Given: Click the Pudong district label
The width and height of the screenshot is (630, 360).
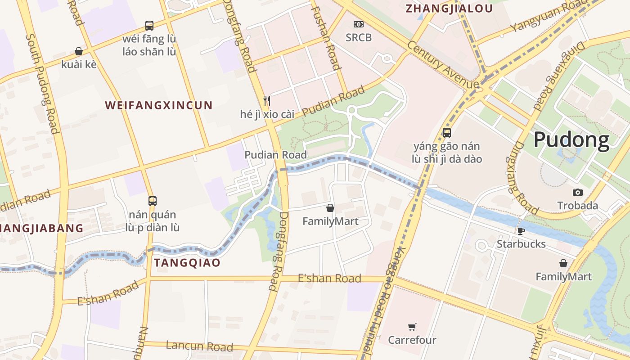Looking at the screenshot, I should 571,140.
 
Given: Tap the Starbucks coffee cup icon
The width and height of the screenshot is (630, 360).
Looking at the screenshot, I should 521,231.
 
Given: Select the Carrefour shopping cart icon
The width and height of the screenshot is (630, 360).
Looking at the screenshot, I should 412,327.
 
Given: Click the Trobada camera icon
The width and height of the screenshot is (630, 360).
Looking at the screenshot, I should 577,193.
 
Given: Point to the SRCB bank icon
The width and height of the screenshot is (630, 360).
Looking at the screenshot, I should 359,24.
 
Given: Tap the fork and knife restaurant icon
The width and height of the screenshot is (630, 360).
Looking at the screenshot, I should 267,100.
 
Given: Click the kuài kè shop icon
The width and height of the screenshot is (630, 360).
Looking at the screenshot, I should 79,51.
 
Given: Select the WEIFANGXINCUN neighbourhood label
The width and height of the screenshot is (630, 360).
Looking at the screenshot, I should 158,105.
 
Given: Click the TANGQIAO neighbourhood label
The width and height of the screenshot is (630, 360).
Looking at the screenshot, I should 187,263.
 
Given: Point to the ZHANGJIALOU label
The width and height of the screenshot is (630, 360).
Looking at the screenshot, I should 449,9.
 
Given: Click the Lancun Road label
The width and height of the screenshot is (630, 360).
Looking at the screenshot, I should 199,346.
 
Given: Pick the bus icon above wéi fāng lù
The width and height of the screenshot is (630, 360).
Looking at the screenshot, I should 149,25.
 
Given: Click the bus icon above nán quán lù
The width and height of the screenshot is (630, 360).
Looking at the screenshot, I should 153,201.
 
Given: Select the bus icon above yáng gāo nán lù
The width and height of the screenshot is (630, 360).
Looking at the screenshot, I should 446,132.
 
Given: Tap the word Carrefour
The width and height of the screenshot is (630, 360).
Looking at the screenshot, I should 412,340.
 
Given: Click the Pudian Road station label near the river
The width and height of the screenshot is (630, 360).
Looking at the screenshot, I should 275,155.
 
